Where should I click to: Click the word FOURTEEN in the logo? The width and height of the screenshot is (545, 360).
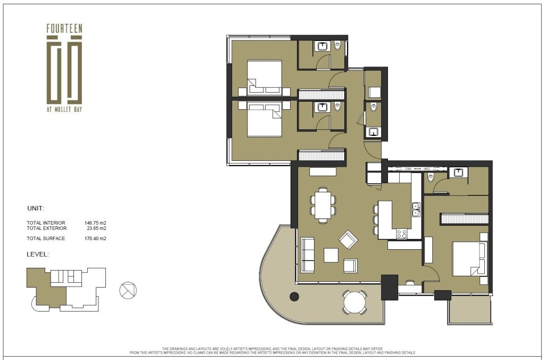click(64, 29)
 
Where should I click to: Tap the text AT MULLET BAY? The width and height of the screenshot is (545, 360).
click(64, 109)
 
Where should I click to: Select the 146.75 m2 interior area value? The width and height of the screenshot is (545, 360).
click(95, 223)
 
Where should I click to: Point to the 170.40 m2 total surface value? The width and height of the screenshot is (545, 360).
click(95, 239)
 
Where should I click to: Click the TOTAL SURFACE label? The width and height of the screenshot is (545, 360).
click(46, 239)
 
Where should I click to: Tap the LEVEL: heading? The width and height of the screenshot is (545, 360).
click(38, 254)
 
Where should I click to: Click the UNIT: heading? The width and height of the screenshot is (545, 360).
click(36, 209)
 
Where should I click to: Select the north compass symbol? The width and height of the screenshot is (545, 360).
click(128, 290)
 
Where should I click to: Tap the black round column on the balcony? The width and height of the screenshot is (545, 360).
click(294, 296)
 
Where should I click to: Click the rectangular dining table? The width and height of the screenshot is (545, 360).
click(323, 205)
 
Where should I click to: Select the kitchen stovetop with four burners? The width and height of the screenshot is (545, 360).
click(402, 233)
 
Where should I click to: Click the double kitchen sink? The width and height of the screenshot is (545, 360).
click(416, 209)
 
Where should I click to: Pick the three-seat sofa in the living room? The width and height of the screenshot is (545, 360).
click(307, 255)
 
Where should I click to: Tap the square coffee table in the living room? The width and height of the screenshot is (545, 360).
click(331, 255)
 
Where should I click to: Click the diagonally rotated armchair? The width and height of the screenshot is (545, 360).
click(348, 240)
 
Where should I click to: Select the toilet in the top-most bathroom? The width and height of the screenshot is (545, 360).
click(337, 45)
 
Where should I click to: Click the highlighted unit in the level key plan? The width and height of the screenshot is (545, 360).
click(46, 288)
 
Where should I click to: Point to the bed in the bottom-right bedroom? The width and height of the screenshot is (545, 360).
click(468, 259)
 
